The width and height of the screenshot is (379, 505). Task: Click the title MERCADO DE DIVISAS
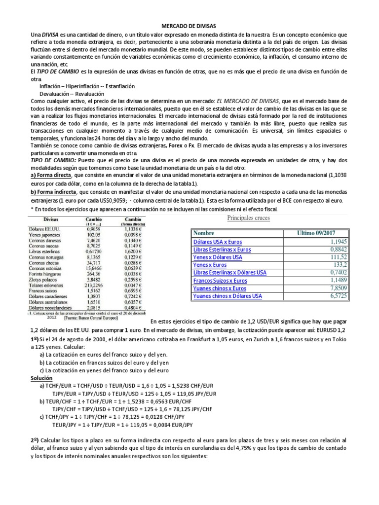pyautogui.click(x=189, y=25)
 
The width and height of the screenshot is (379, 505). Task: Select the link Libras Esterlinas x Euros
pyautogui.click(x=222, y=250)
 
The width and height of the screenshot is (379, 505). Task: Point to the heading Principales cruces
pyautogui.click(x=249, y=218)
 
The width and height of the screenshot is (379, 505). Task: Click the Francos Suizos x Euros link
pyautogui.click(x=220, y=280)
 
